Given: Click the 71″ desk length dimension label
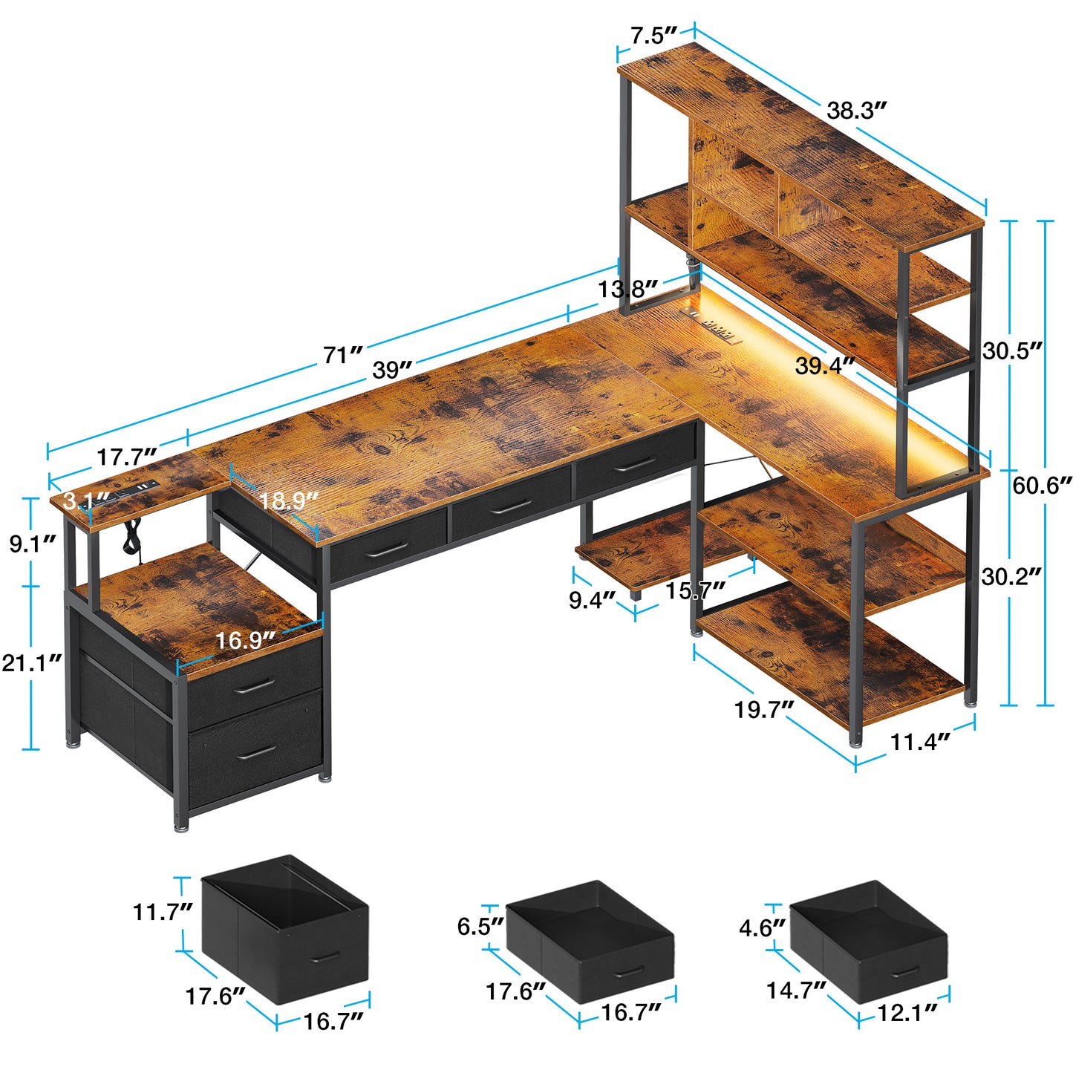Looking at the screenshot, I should coord(342,355).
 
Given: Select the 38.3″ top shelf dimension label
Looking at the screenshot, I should coord(857,111).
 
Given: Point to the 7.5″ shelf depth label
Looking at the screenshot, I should coord(653,36).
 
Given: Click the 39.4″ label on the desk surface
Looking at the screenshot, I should coord(825,365).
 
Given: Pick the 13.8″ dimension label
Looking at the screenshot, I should coord(628,289).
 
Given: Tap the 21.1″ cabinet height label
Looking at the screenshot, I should coord(31,662).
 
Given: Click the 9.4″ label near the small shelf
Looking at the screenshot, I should coord(593,599).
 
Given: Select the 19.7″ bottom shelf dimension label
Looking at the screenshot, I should coord(764,710).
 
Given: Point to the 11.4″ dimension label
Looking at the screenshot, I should coord(920,741).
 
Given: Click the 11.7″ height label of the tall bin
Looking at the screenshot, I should coord(163,911).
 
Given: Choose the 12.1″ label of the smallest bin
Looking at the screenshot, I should coord(907,1012).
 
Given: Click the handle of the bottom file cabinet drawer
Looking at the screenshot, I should coord(257,752).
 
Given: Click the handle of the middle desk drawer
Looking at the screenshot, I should coord(512,506).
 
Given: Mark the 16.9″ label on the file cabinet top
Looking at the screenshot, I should coord(245,639).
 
